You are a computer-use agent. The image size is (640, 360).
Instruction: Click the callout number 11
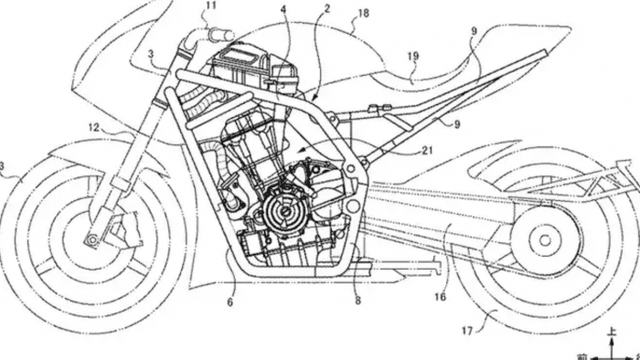211,6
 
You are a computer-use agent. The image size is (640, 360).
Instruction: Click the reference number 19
413,56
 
